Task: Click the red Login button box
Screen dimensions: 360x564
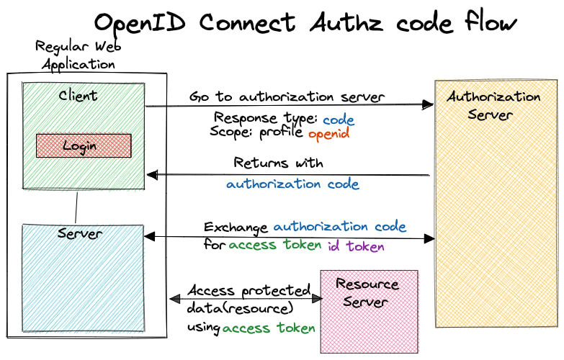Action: (84, 145)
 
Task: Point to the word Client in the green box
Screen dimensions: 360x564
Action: (78, 95)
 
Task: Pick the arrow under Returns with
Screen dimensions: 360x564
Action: (288, 175)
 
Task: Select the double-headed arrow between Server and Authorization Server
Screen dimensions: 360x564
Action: (288, 237)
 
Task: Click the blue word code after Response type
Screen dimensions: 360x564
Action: (338, 120)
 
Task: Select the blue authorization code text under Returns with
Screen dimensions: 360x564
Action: (292, 184)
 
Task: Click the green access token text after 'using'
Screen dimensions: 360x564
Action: (269, 328)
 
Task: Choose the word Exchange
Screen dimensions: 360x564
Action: (236, 228)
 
